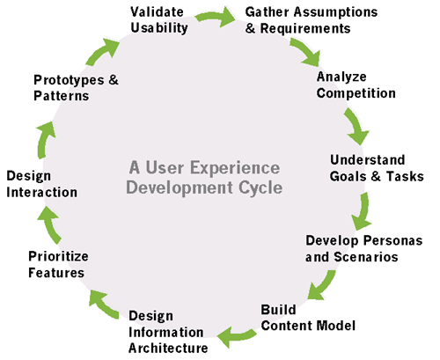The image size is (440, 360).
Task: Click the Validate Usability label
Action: tap(158, 19)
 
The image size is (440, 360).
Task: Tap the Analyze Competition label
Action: tap(356, 84)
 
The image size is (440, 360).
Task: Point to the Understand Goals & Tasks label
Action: tap(377, 167)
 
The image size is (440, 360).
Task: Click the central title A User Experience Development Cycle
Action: tap(205, 177)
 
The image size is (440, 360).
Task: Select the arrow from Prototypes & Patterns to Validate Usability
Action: tap(105, 48)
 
